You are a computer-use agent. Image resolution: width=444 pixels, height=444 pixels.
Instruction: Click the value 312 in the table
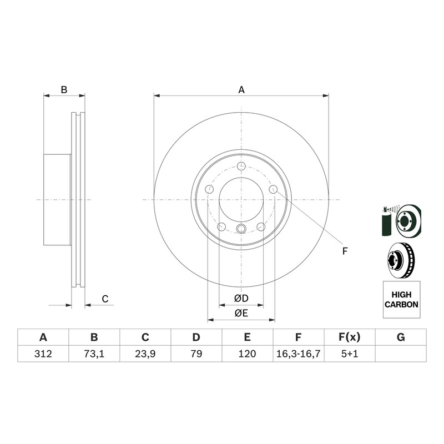tap(43, 354)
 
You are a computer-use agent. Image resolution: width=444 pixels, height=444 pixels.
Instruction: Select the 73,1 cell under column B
tap(94, 354)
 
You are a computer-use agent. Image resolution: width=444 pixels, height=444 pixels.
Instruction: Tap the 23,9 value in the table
tap(145, 354)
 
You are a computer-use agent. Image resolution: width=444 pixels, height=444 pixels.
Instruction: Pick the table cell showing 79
tap(196, 354)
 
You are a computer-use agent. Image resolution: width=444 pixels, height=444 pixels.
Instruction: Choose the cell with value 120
tap(247, 354)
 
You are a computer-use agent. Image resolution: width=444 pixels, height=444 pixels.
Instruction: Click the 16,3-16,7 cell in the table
tap(298, 354)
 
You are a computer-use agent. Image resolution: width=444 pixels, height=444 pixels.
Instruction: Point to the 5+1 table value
tap(350, 354)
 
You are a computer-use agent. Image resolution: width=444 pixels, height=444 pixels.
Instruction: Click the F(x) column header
tap(350, 337)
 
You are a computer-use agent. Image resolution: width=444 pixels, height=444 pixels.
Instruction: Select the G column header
tap(401, 337)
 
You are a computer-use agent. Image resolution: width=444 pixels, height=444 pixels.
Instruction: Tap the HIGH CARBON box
tap(401, 300)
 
